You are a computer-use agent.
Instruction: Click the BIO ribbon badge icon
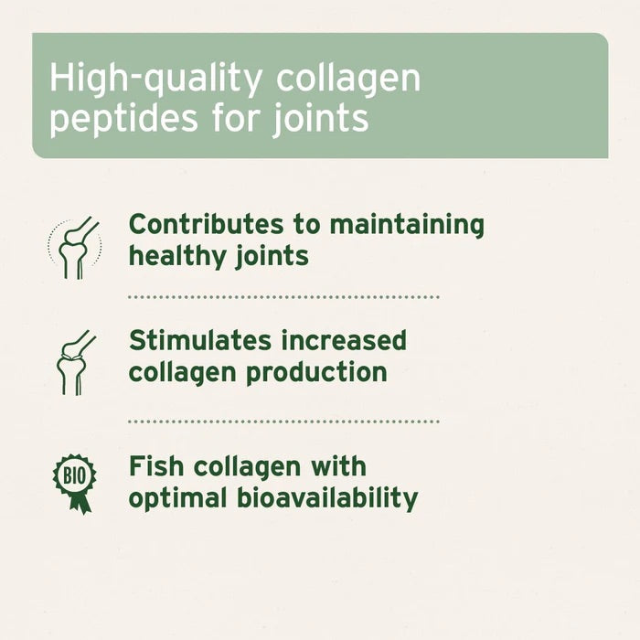click(74, 481)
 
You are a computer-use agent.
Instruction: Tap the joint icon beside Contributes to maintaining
click(74, 245)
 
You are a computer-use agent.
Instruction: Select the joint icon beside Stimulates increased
click(74, 361)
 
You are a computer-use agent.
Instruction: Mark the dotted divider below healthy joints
click(283, 297)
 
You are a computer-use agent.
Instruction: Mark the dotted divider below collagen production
click(283, 421)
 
